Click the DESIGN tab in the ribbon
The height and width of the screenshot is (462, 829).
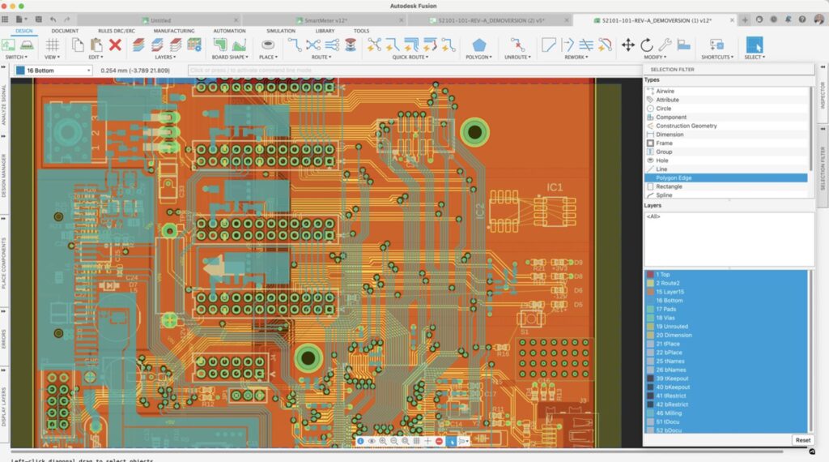24,31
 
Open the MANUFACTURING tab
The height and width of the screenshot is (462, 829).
173,31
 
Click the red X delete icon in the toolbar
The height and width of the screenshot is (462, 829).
115,45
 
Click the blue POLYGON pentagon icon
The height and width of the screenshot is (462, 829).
479,45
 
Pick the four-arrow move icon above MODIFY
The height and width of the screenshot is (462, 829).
628,45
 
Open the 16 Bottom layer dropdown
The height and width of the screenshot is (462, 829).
53,71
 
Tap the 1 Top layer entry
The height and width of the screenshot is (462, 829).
663,275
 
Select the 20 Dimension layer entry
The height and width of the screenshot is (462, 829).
674,335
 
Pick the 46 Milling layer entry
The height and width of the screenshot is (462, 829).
670,413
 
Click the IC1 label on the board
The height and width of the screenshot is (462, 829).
555,187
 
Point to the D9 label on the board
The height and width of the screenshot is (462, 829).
578,263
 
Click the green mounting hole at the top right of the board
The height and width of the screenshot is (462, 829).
474,130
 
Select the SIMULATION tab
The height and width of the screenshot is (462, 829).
281,31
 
